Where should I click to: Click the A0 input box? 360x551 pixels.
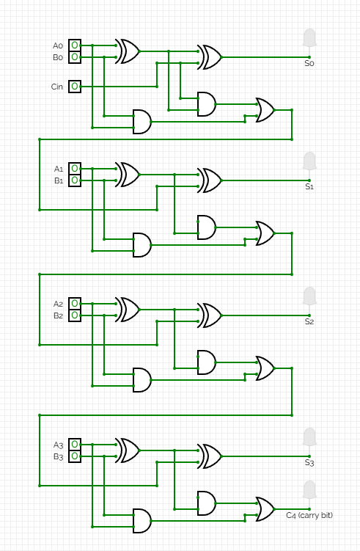[x=75, y=45]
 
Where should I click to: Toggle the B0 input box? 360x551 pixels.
[x=75, y=57]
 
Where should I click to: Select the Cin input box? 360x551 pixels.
[x=75, y=87]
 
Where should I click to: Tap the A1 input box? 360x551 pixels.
[x=75, y=169]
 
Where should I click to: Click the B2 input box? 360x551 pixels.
[x=75, y=315]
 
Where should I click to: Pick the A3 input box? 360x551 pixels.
[x=75, y=445]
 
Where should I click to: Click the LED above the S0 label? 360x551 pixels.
[x=309, y=38]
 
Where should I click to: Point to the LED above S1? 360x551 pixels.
[x=309, y=161]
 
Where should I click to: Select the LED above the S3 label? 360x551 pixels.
[x=309, y=437]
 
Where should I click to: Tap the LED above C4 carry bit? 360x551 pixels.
[x=309, y=490]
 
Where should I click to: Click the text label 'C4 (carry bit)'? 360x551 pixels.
[x=309, y=516]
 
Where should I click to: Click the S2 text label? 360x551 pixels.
[x=309, y=321]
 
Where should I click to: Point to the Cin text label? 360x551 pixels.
[x=57, y=87]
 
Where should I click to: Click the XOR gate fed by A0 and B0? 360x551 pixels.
[x=128, y=51]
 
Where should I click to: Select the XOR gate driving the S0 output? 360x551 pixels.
[x=210, y=57]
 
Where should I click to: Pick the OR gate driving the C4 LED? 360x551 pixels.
[x=265, y=509]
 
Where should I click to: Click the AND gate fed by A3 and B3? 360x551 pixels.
[x=142, y=521]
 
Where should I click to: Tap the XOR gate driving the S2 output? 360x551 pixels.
[x=210, y=315]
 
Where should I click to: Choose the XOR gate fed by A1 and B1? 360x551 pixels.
[x=128, y=175]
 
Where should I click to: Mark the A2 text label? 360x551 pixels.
[x=59, y=304]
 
